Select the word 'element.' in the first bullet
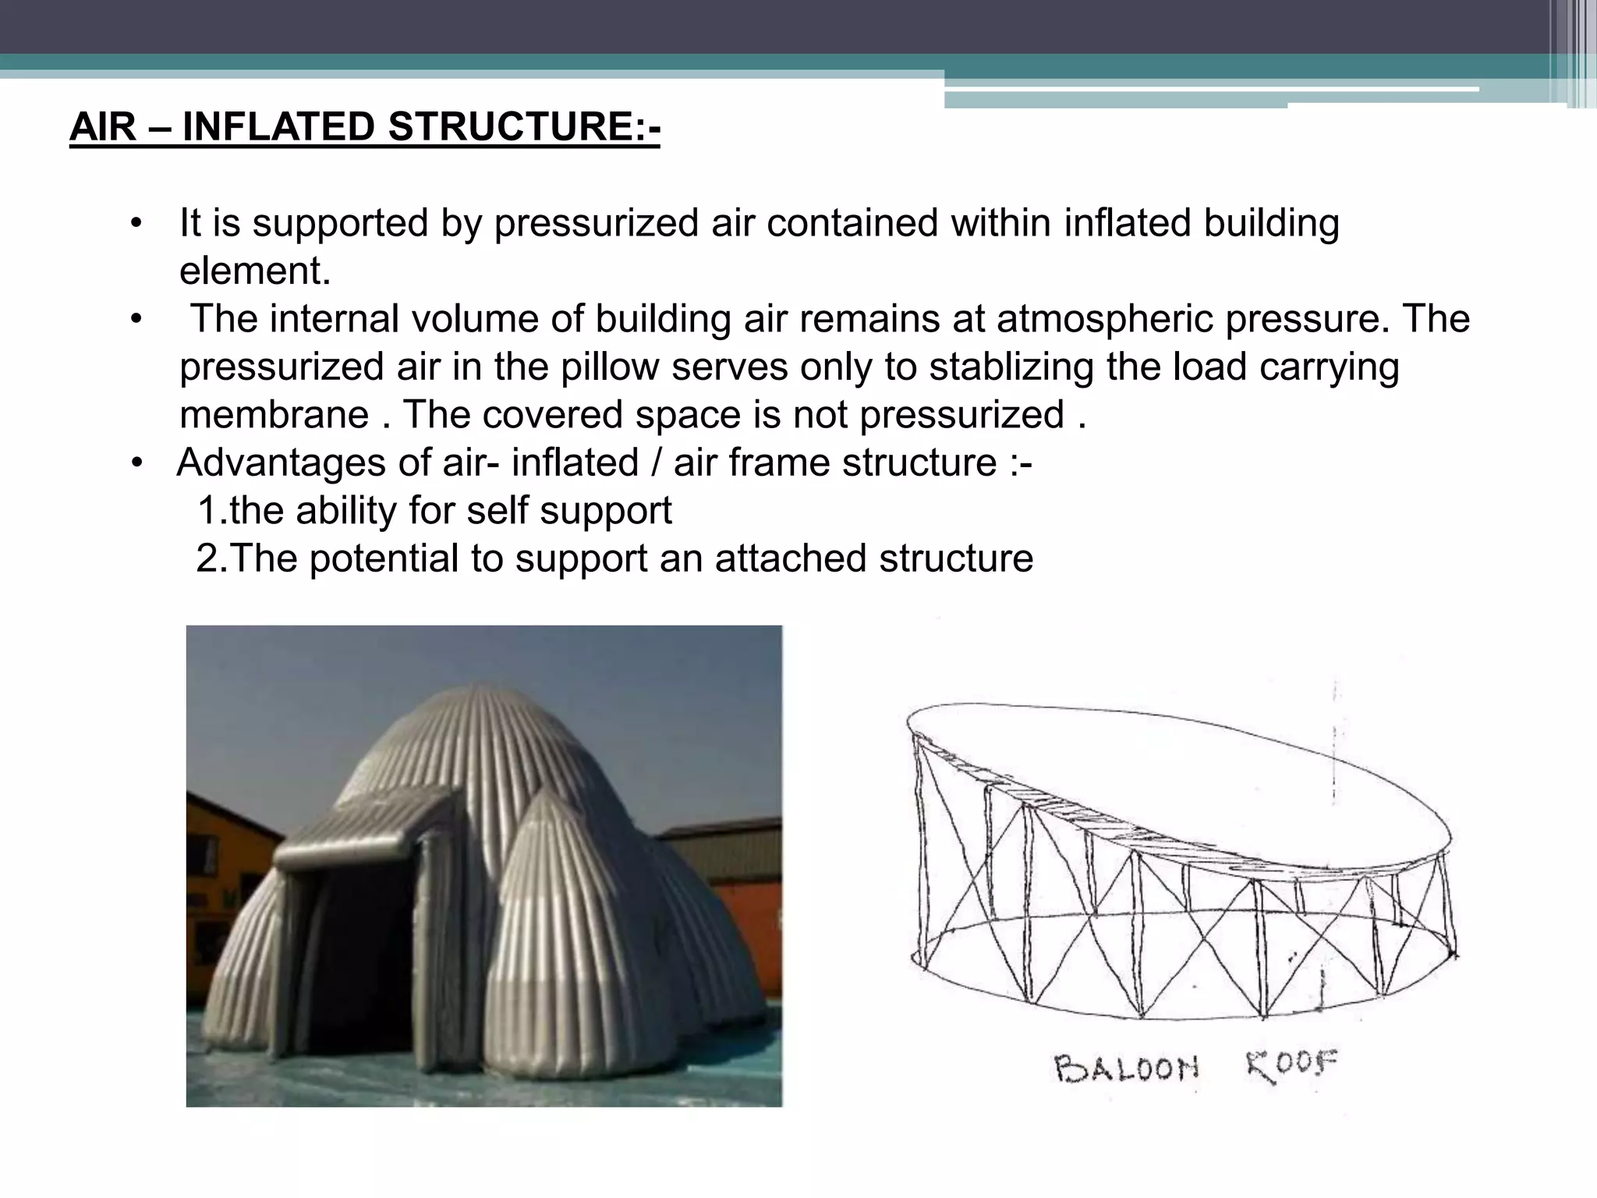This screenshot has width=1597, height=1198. tap(255, 271)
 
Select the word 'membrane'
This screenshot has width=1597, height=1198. tap(274, 414)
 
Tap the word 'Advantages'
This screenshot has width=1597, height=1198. tap(282, 463)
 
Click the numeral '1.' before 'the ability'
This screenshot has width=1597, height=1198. tap(212, 511)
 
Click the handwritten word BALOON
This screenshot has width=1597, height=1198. tap(1125, 1067)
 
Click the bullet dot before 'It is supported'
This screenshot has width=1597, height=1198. tap(137, 224)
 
